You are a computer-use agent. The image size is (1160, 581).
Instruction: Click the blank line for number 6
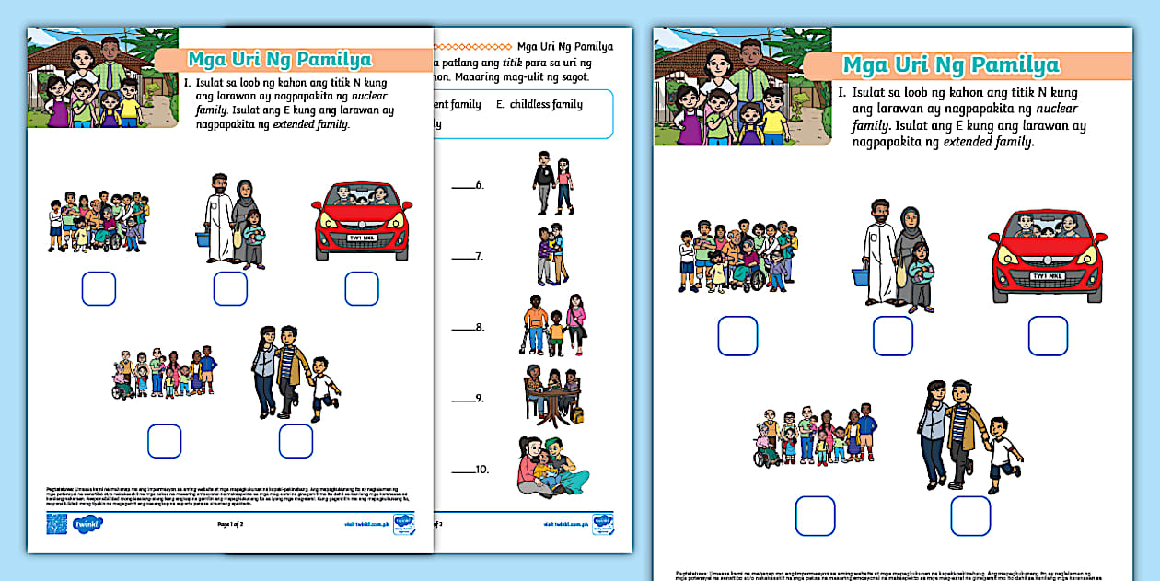(x=463, y=187)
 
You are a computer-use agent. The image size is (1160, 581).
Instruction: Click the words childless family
(x=546, y=104)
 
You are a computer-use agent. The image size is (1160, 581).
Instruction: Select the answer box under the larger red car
(x=1048, y=336)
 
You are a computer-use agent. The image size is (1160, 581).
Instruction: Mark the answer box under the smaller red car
(x=362, y=288)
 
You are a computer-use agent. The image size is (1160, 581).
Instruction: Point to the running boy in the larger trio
(x=1003, y=454)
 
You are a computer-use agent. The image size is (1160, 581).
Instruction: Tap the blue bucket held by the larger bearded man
(x=861, y=277)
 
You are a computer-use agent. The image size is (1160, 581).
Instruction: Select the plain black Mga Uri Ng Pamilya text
(x=564, y=46)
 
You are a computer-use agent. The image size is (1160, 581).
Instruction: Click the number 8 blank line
(x=463, y=329)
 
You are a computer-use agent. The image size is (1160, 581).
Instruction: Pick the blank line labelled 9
(x=463, y=401)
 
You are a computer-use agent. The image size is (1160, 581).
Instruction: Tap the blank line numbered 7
(x=463, y=258)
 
